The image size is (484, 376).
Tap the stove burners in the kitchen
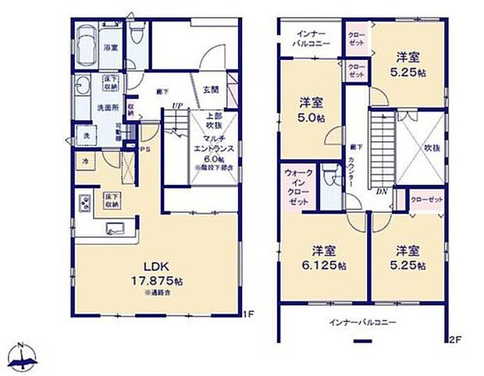point(84,205)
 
